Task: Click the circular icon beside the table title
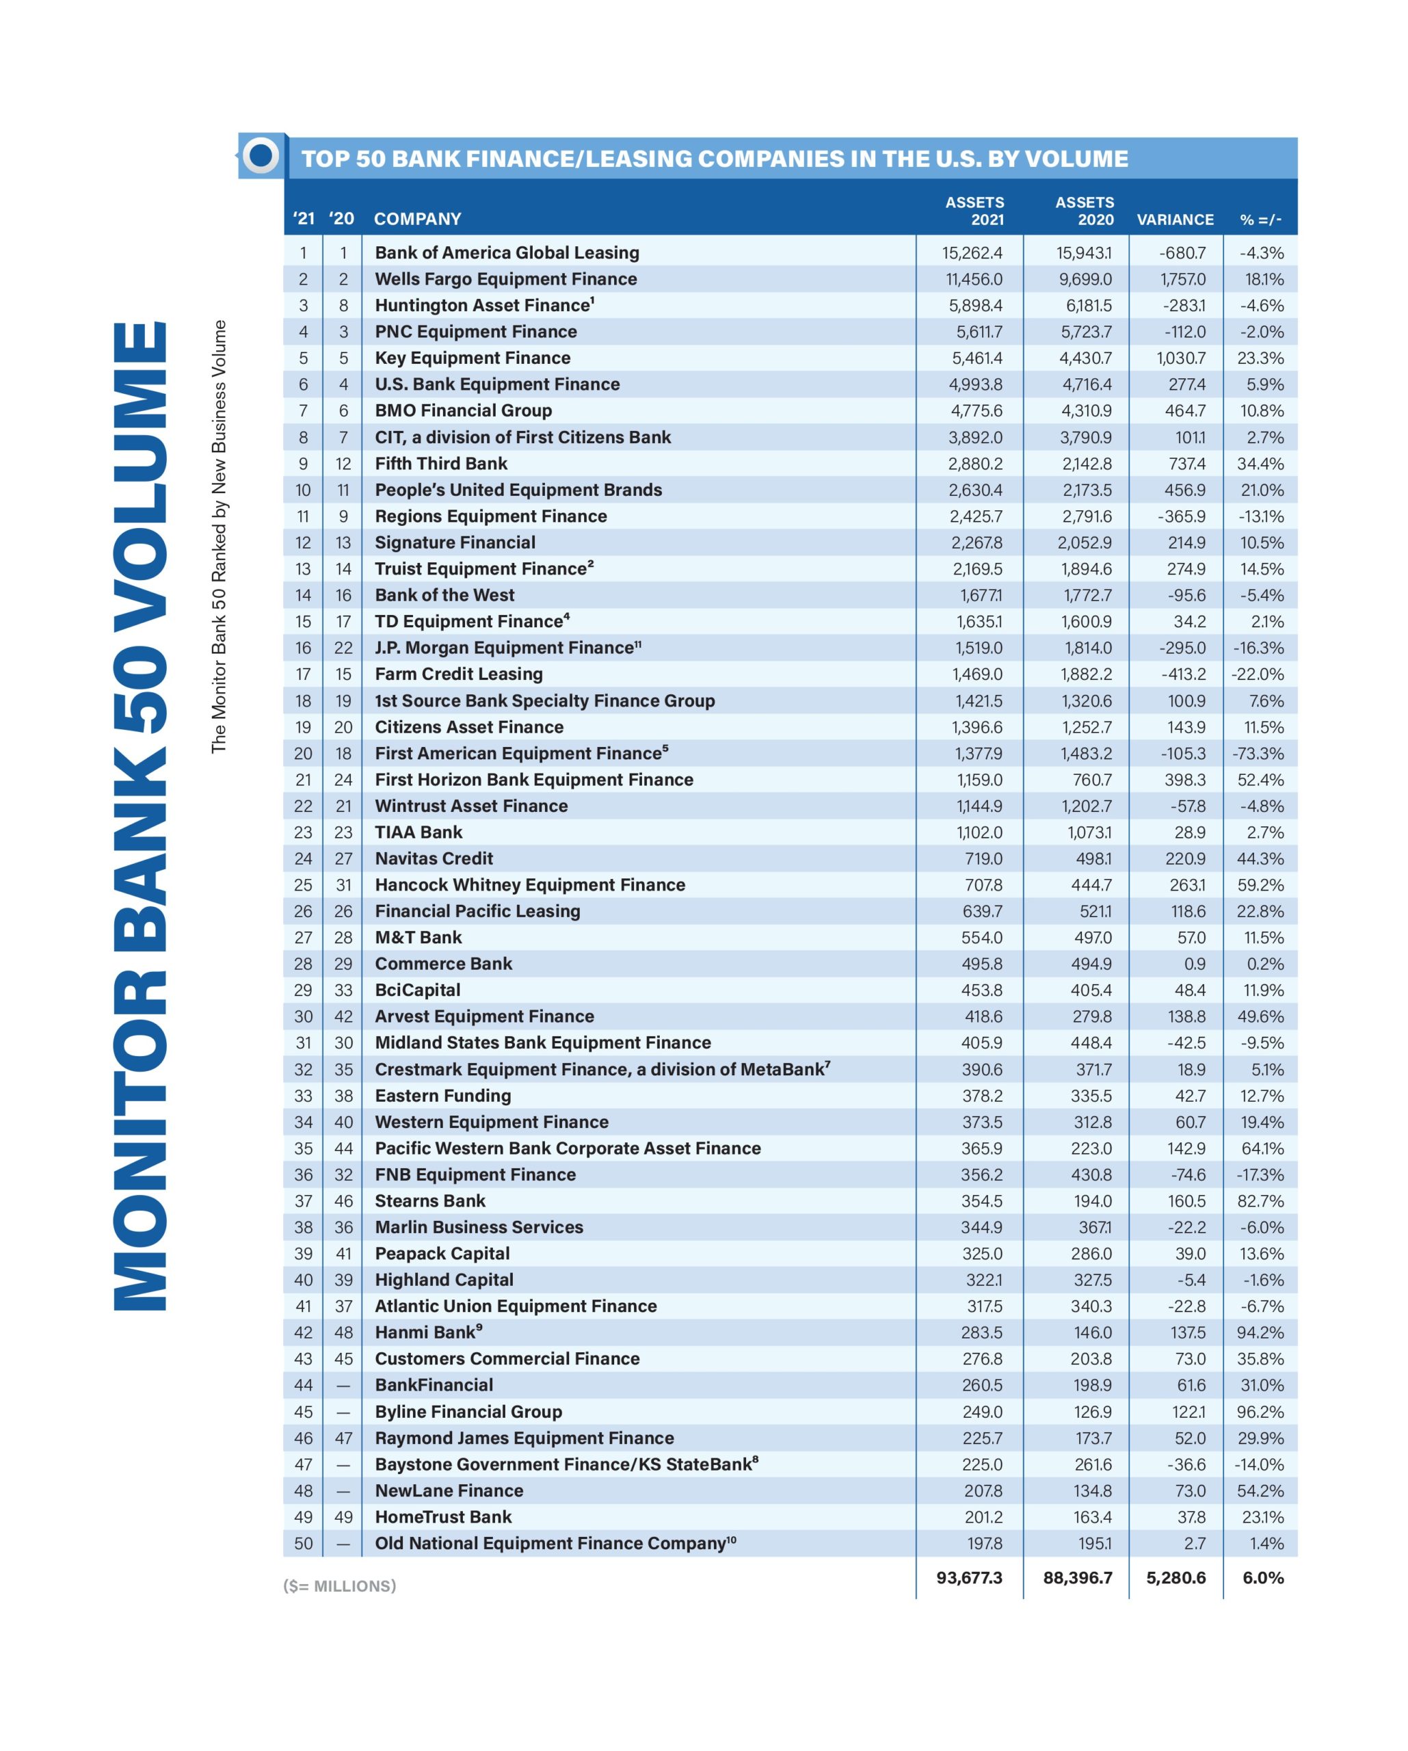pos(261,155)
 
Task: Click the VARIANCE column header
pos(1174,220)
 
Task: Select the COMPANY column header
pos(417,220)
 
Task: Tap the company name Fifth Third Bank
pos(441,464)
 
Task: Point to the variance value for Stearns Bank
pos(1186,1201)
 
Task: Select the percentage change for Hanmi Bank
pos(1260,1332)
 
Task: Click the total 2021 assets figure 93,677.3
pos(969,1577)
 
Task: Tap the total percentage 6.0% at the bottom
pos(1262,1577)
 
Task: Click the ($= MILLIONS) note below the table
pos(339,1585)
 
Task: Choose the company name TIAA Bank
pos(419,832)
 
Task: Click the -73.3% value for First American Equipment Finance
pos(1258,754)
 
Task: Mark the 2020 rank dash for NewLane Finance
pos(343,1491)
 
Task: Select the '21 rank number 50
pos(303,1543)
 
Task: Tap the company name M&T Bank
pos(419,937)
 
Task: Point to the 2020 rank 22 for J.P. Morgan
pos(343,648)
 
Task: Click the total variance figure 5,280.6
pos(1175,1577)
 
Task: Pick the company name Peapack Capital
pos(442,1254)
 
